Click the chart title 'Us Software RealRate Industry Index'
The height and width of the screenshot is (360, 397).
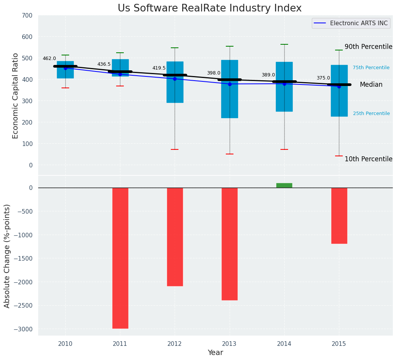click(x=209, y=8)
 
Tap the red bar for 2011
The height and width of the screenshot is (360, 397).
click(x=120, y=258)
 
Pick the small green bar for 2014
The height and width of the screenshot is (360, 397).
click(x=284, y=185)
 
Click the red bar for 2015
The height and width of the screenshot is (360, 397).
click(x=339, y=216)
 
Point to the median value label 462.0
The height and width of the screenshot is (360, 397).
click(x=49, y=59)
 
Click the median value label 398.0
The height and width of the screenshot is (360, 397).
click(x=214, y=73)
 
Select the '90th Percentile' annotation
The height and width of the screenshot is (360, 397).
click(x=368, y=47)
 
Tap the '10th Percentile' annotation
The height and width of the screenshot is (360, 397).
click(x=368, y=159)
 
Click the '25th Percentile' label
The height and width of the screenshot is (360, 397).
click(x=371, y=114)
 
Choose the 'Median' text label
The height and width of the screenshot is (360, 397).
click(x=371, y=85)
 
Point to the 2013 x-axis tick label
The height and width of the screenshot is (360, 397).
click(x=230, y=344)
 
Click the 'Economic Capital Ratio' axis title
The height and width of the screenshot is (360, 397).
click(x=16, y=96)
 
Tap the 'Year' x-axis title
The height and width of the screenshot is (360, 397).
click(x=216, y=353)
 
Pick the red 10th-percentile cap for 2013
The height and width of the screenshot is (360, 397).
click(x=230, y=154)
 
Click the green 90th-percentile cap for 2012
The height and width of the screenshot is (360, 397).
click(x=175, y=48)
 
